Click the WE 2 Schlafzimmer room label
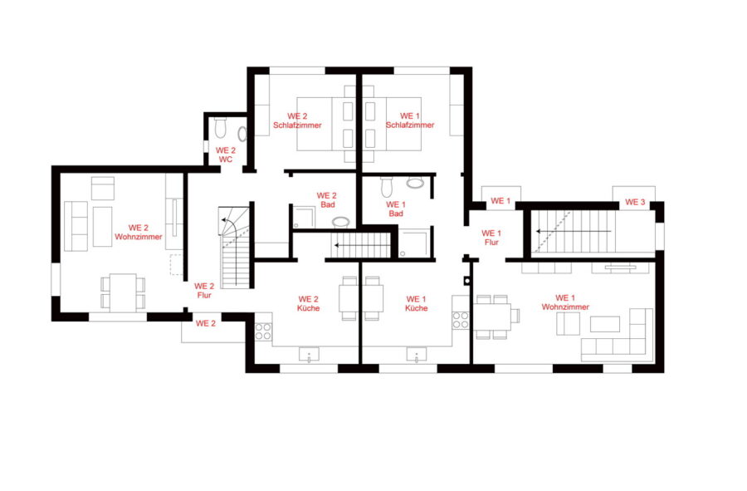tap(297, 120)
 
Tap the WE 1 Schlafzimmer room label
tap(410, 120)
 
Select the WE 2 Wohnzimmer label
tap(138, 232)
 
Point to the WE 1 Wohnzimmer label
tap(565, 302)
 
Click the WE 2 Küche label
tap(308, 304)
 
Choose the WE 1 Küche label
tap(416, 304)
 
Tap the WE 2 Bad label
tap(327, 200)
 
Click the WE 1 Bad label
tap(395, 209)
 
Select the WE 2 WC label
tap(225, 155)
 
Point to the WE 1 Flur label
tap(491, 238)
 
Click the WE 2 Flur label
tap(204, 290)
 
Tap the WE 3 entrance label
tap(635, 202)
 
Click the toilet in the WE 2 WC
tap(220, 127)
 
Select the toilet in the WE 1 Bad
tap(386, 187)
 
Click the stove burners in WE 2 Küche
tap(263, 331)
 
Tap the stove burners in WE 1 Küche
tap(460, 320)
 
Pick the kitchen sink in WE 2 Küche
tap(310, 355)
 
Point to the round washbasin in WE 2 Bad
tap(340, 222)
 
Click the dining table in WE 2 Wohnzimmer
tap(123, 292)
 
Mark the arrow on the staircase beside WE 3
tap(574, 231)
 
